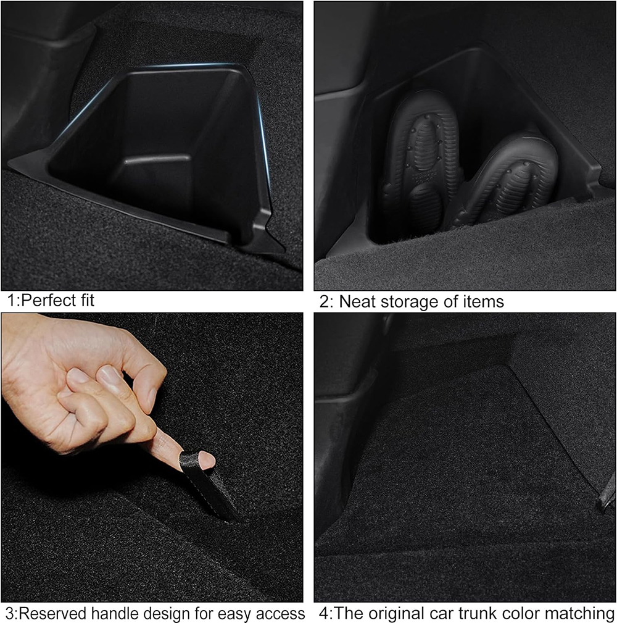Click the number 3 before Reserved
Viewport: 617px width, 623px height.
pos(10,613)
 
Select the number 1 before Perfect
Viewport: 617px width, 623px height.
pos(12,300)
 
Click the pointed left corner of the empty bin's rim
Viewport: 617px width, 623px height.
pos(9,163)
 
